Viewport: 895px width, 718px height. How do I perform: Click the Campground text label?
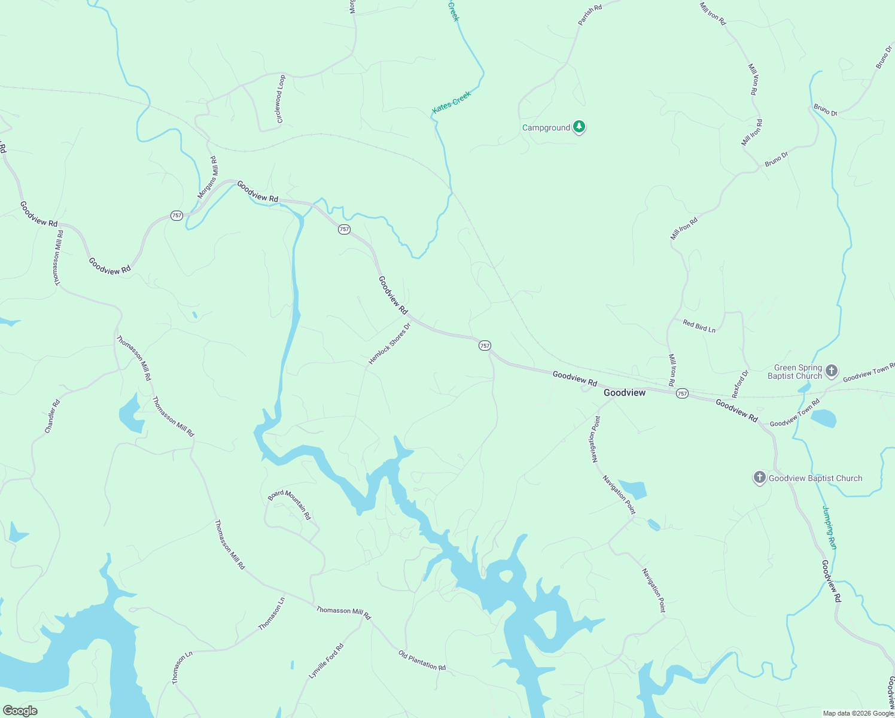[x=546, y=128]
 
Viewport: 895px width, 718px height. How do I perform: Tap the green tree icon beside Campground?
[x=579, y=126]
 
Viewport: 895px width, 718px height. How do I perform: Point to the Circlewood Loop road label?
[x=280, y=99]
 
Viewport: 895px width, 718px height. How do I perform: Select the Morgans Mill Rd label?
[x=208, y=178]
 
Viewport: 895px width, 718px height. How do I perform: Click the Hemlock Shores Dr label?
[x=390, y=344]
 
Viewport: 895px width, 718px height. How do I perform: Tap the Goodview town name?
[x=625, y=393]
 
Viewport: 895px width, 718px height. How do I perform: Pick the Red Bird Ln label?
[x=699, y=326]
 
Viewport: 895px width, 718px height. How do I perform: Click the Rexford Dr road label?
[x=740, y=384]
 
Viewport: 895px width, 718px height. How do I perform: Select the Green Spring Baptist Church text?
[x=794, y=372]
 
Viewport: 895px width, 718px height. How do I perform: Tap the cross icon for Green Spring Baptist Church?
[x=832, y=371]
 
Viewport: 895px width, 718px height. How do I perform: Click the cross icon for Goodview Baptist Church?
[x=760, y=477]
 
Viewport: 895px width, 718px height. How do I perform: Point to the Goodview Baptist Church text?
[x=815, y=479]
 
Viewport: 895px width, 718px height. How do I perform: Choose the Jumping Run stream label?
[x=829, y=528]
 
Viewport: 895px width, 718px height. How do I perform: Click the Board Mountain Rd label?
[x=290, y=504]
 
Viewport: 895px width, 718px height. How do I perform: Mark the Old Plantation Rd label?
[x=422, y=660]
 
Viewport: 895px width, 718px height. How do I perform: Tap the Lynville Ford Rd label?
[x=327, y=661]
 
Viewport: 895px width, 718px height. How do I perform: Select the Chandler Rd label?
[x=53, y=416]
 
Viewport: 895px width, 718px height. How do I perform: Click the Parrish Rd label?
[x=590, y=15]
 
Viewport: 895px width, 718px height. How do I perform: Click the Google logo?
[x=20, y=711]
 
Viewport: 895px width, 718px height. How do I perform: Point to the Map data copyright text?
[x=858, y=713]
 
